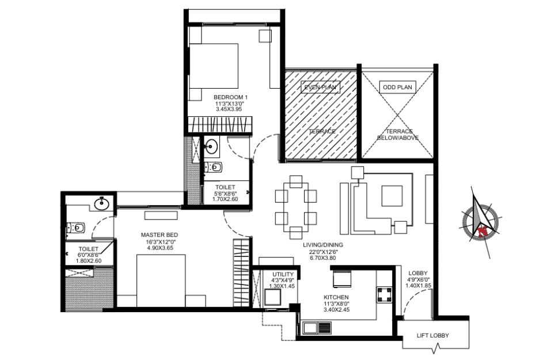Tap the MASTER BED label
coord(159,235)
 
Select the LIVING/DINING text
coord(323,245)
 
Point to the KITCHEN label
coord(336,297)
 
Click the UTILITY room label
coord(283,274)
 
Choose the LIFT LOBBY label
coord(432,335)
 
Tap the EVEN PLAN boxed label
coord(320,87)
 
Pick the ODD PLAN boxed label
coord(397,87)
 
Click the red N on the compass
coord(482,230)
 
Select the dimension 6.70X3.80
coord(323,257)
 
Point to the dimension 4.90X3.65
coord(160,248)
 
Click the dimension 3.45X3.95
coord(229,109)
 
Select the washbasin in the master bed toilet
coord(102,203)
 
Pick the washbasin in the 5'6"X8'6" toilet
coord(211,146)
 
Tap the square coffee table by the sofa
coord(392,196)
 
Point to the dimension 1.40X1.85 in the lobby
coord(418,286)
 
